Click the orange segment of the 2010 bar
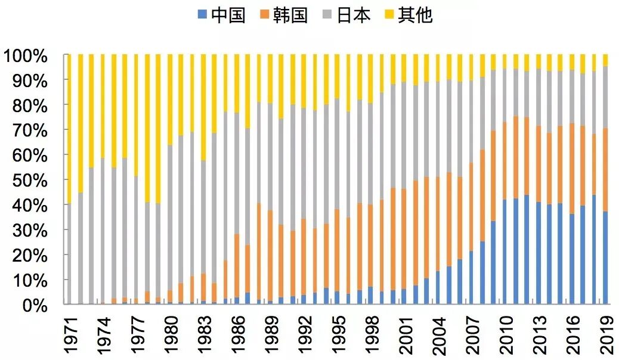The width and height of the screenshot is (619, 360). coord(505,161)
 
